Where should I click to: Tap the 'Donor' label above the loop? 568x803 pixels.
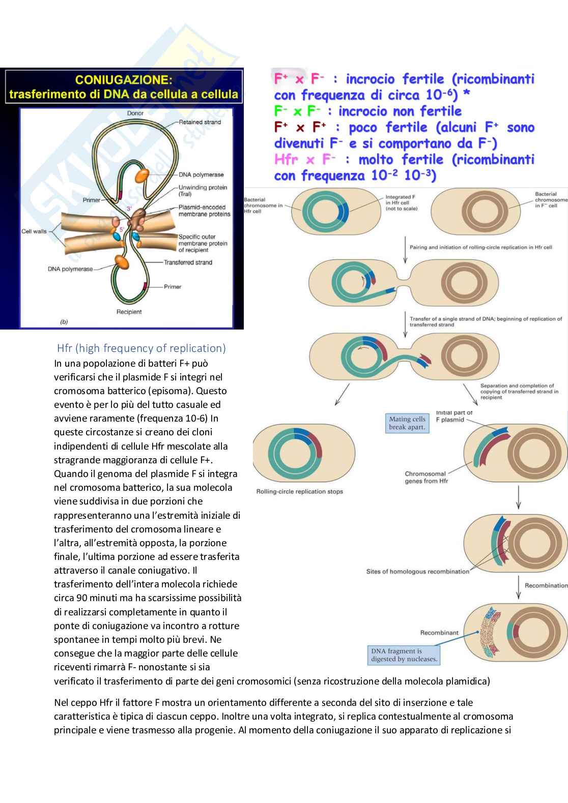[x=135, y=113]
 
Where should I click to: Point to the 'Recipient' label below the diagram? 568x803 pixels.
[x=129, y=312]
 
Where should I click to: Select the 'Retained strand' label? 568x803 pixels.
[x=200, y=122]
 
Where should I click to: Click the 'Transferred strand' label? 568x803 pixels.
[x=188, y=262]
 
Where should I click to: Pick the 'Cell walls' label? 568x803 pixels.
[x=34, y=231]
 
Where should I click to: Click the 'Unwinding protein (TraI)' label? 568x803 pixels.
[x=203, y=191]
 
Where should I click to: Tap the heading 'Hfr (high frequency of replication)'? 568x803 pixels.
[x=141, y=348]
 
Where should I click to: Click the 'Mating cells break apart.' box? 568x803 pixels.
[x=407, y=423]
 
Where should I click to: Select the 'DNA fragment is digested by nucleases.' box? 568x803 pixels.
[x=404, y=655]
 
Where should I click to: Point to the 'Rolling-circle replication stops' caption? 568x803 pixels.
[x=299, y=492]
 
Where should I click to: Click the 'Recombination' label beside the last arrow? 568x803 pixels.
[x=546, y=585]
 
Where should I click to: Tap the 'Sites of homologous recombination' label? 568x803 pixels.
[x=417, y=572]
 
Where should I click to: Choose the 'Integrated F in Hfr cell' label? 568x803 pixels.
[x=401, y=202]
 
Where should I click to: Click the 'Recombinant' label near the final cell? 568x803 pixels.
[x=439, y=633]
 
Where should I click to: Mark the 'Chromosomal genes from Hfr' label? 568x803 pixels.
[x=426, y=477]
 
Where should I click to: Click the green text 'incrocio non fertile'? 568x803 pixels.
[x=400, y=111]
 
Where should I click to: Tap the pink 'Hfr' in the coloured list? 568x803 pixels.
[x=286, y=160]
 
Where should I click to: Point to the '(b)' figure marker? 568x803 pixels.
[x=64, y=321]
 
